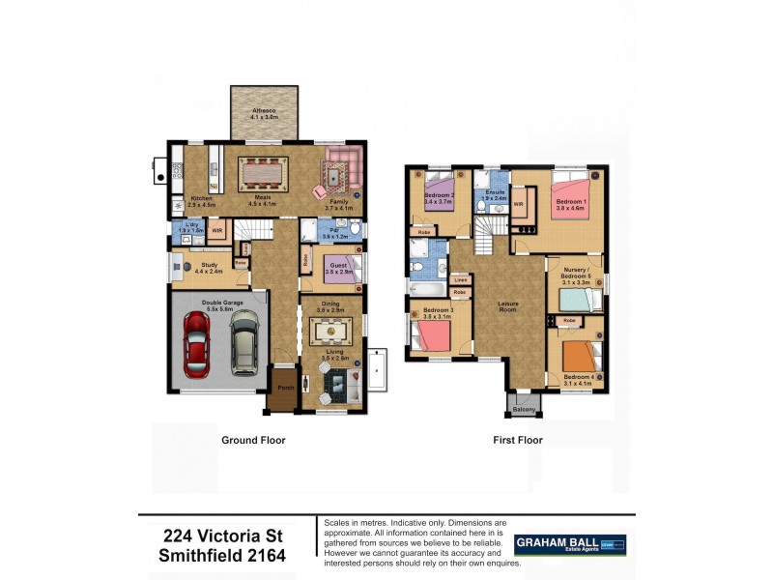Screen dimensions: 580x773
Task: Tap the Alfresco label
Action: pos(264,113)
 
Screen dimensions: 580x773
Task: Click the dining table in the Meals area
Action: pos(263,174)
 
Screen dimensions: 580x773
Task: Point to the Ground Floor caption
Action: pos(253,440)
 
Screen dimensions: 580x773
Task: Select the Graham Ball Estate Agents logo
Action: pos(569,545)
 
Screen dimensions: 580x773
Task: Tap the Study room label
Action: pos(210,266)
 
